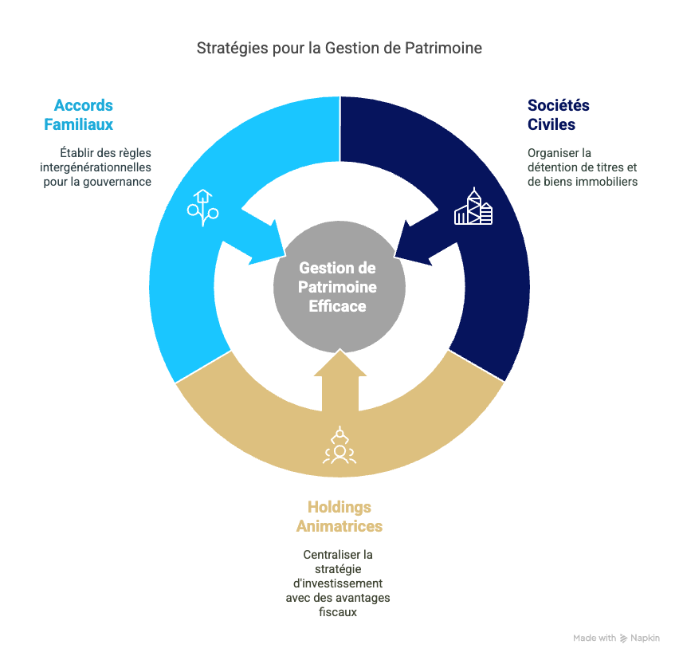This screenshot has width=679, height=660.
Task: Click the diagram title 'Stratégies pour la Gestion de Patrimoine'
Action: (x=339, y=48)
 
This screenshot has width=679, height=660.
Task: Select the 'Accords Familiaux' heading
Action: (x=78, y=115)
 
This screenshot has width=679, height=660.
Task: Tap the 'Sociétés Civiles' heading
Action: (x=558, y=115)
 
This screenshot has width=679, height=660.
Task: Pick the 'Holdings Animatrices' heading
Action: (x=339, y=517)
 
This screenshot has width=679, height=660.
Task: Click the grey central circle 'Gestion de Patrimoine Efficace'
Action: (x=339, y=287)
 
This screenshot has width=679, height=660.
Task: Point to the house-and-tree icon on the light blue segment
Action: (x=202, y=208)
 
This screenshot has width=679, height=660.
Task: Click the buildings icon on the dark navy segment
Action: (x=473, y=206)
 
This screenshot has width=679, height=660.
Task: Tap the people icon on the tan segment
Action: (x=339, y=446)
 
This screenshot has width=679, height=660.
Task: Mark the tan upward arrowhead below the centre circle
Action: (x=340, y=363)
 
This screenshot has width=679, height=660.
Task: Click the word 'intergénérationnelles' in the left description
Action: (x=96, y=167)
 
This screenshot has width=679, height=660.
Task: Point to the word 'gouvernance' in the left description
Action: (x=117, y=183)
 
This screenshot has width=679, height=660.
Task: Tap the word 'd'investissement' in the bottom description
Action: (x=338, y=583)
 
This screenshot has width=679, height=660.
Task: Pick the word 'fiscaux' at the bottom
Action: (x=338, y=612)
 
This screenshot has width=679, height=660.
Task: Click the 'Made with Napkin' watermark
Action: (x=616, y=638)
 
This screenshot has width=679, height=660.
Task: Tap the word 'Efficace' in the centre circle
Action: (x=337, y=306)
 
